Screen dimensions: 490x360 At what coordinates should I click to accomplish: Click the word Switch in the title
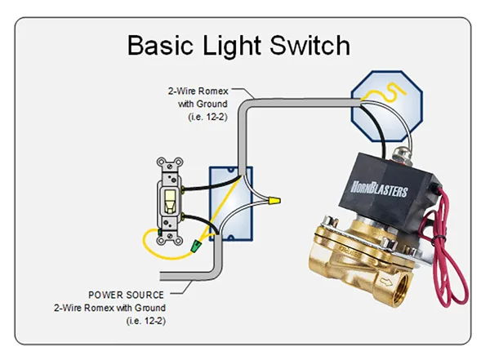point(310,46)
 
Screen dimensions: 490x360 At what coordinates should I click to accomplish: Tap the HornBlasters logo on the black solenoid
point(379,189)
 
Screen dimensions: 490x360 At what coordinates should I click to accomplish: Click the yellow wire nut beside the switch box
point(274,200)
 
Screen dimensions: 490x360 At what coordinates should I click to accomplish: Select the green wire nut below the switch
point(196,246)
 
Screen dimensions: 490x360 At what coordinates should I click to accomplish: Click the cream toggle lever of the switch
point(169,201)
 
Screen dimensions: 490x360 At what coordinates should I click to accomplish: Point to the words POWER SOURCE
point(126,295)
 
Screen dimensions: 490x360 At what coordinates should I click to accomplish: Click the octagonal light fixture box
point(387,106)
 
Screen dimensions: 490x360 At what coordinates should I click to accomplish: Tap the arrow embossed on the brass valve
point(386,282)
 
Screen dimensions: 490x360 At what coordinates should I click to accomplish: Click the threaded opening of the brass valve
point(401,288)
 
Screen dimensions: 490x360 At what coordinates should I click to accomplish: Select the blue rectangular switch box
point(231,204)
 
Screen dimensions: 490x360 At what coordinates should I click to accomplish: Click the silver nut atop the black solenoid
point(399,154)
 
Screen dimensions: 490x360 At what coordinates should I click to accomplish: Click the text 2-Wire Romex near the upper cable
point(198,91)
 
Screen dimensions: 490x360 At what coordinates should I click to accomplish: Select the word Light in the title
point(232,47)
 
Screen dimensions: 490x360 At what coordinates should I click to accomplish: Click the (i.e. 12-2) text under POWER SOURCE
point(146,321)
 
